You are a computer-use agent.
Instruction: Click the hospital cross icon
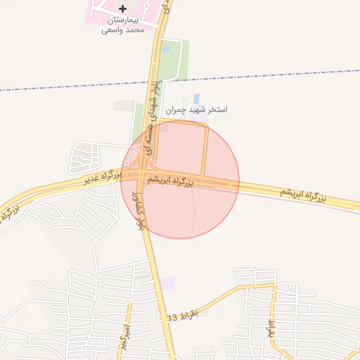123,8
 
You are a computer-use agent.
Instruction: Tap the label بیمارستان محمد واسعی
123,25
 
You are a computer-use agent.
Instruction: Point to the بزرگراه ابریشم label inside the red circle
169,180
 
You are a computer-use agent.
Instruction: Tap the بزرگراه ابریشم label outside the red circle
304,194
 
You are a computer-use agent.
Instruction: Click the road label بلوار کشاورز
139,208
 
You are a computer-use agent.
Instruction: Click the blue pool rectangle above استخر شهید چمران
195,98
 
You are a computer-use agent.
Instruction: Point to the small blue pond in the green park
166,49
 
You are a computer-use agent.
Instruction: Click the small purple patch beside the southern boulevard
167,283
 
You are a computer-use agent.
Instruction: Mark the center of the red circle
181,179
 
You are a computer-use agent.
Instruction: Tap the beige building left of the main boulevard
124,105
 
